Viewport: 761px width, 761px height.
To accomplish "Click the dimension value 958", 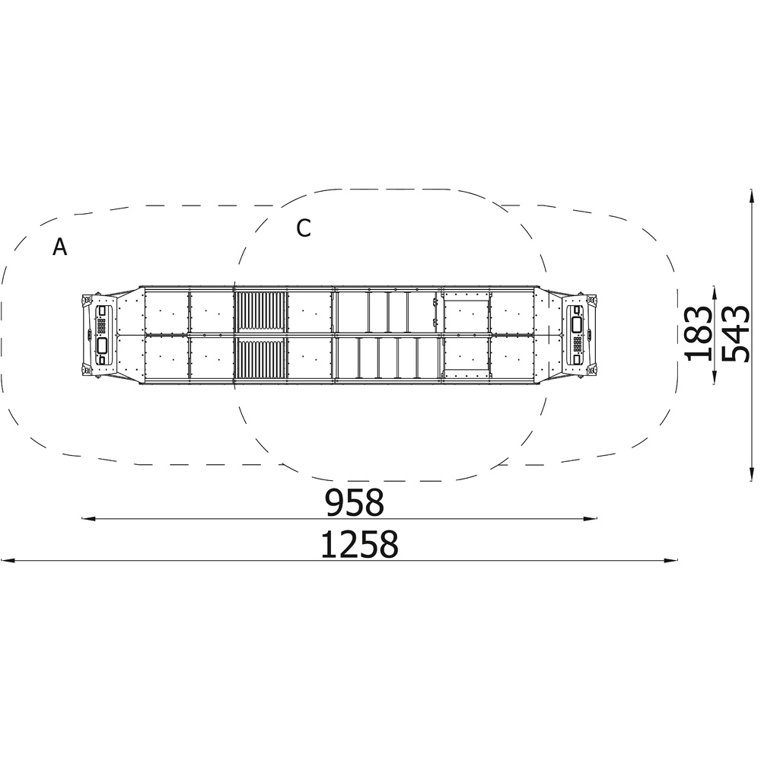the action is click(355, 502).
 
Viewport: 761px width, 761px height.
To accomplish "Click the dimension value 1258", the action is click(360, 544).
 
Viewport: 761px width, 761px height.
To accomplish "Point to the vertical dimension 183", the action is click(698, 333).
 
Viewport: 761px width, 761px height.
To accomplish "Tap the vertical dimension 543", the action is click(735, 333).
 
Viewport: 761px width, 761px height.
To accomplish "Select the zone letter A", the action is click(59, 247).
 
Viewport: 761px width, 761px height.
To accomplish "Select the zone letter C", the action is click(304, 228).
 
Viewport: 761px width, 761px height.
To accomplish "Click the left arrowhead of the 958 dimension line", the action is click(88, 519).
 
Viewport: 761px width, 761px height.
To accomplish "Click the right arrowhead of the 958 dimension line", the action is click(591, 519).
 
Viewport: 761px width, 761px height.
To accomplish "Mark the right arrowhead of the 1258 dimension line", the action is click(670, 561).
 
